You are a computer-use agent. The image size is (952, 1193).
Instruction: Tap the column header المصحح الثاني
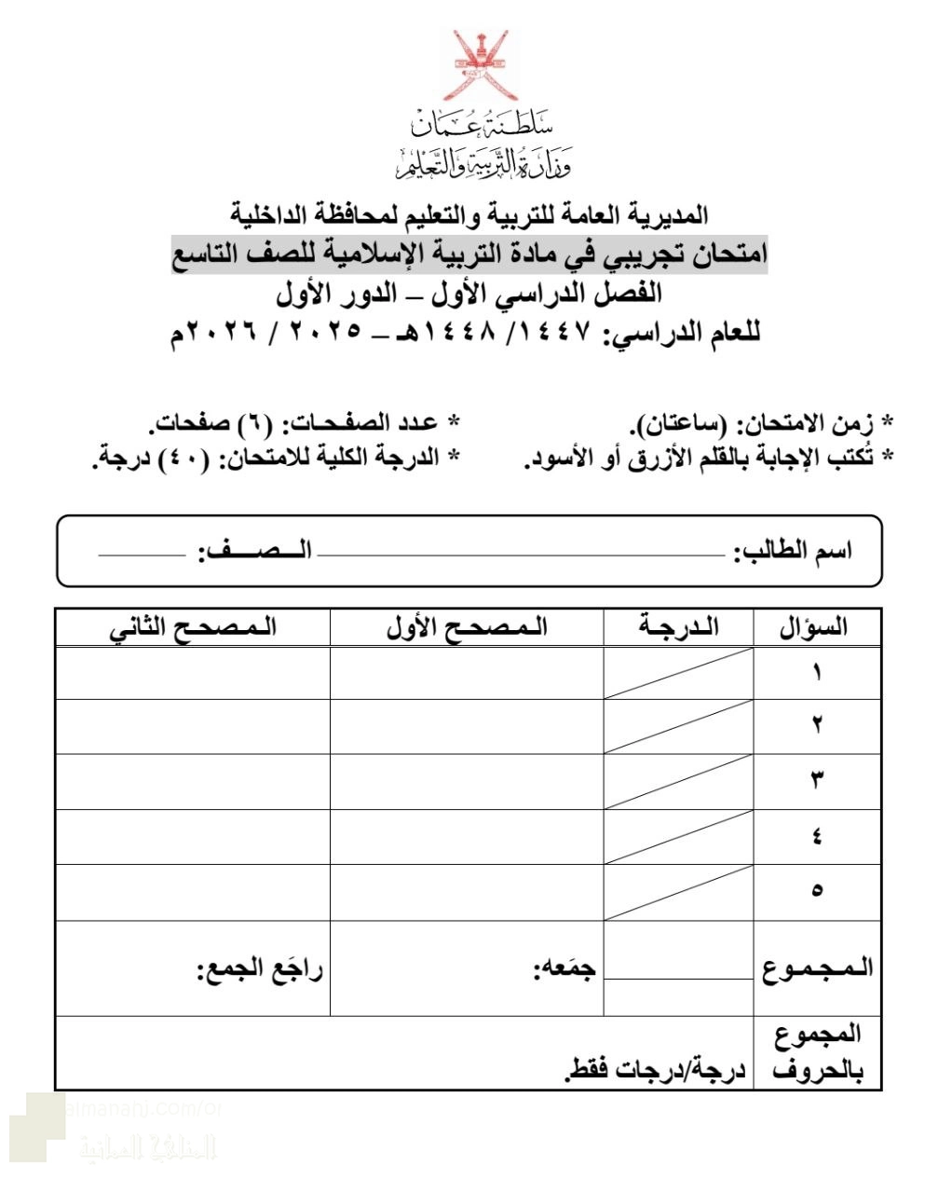pos(193,627)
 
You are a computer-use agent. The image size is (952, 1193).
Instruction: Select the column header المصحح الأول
pos(467,627)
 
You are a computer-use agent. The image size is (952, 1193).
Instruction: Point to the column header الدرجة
pos(679,627)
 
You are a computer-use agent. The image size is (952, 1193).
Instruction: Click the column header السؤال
pos(814,627)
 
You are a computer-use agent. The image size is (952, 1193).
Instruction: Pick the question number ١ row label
pos(817,672)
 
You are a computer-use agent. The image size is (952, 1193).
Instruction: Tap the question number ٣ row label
pos(817,781)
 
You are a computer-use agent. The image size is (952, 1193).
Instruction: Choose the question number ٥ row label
pos(817,891)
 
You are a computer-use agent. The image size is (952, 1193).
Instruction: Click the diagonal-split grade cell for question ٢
pos(678,727)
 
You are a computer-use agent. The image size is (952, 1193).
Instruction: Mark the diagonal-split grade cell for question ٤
pos(678,836)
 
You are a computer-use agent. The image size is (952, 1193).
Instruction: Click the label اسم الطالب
pos(794,551)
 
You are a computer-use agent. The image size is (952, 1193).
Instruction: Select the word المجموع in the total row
pos(817,967)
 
